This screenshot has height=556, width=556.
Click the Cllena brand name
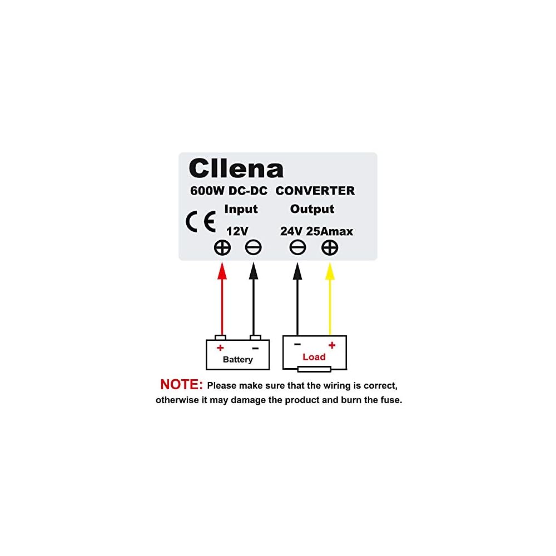coord(236,168)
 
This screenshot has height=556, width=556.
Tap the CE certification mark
coord(201,222)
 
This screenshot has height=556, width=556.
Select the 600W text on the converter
coord(207,191)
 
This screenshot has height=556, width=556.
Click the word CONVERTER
coord(315,191)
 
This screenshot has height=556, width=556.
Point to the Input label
coord(241,209)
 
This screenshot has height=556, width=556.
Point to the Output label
coord(312,209)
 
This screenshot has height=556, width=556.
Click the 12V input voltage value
coord(237,231)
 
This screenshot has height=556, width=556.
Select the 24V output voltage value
coord(291,231)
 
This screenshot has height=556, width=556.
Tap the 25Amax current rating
coord(329,231)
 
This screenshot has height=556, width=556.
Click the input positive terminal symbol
coord(222,248)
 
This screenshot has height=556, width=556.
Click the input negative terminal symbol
coord(253,248)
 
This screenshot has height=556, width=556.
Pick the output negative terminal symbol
coord(297,248)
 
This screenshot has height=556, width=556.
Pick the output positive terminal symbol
coord(330,248)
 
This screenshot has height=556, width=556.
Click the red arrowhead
coord(222,271)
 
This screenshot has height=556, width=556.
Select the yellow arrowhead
coord(330,271)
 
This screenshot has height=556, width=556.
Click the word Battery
coord(237,360)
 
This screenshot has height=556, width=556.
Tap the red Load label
coord(314,357)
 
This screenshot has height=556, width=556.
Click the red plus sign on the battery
coord(220,348)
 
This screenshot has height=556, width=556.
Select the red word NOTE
coord(181,384)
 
